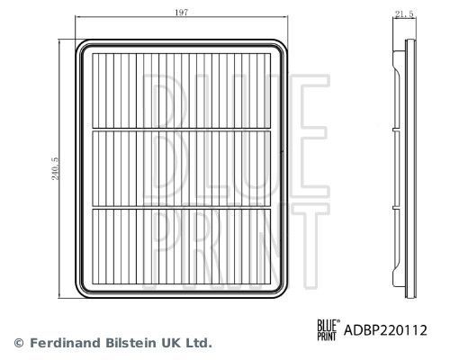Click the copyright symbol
[18, 343]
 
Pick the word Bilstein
[123, 343]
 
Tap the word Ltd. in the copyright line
[198, 343]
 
